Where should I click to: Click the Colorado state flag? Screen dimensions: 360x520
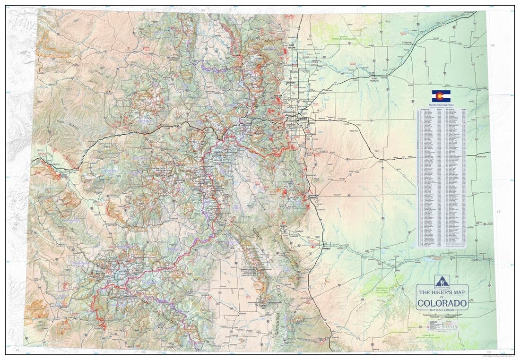click(441, 96)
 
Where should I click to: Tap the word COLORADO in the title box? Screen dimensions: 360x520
click(442, 303)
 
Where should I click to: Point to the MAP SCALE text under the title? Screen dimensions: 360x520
click(442, 309)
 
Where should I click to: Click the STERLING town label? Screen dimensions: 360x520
click(407, 43)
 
